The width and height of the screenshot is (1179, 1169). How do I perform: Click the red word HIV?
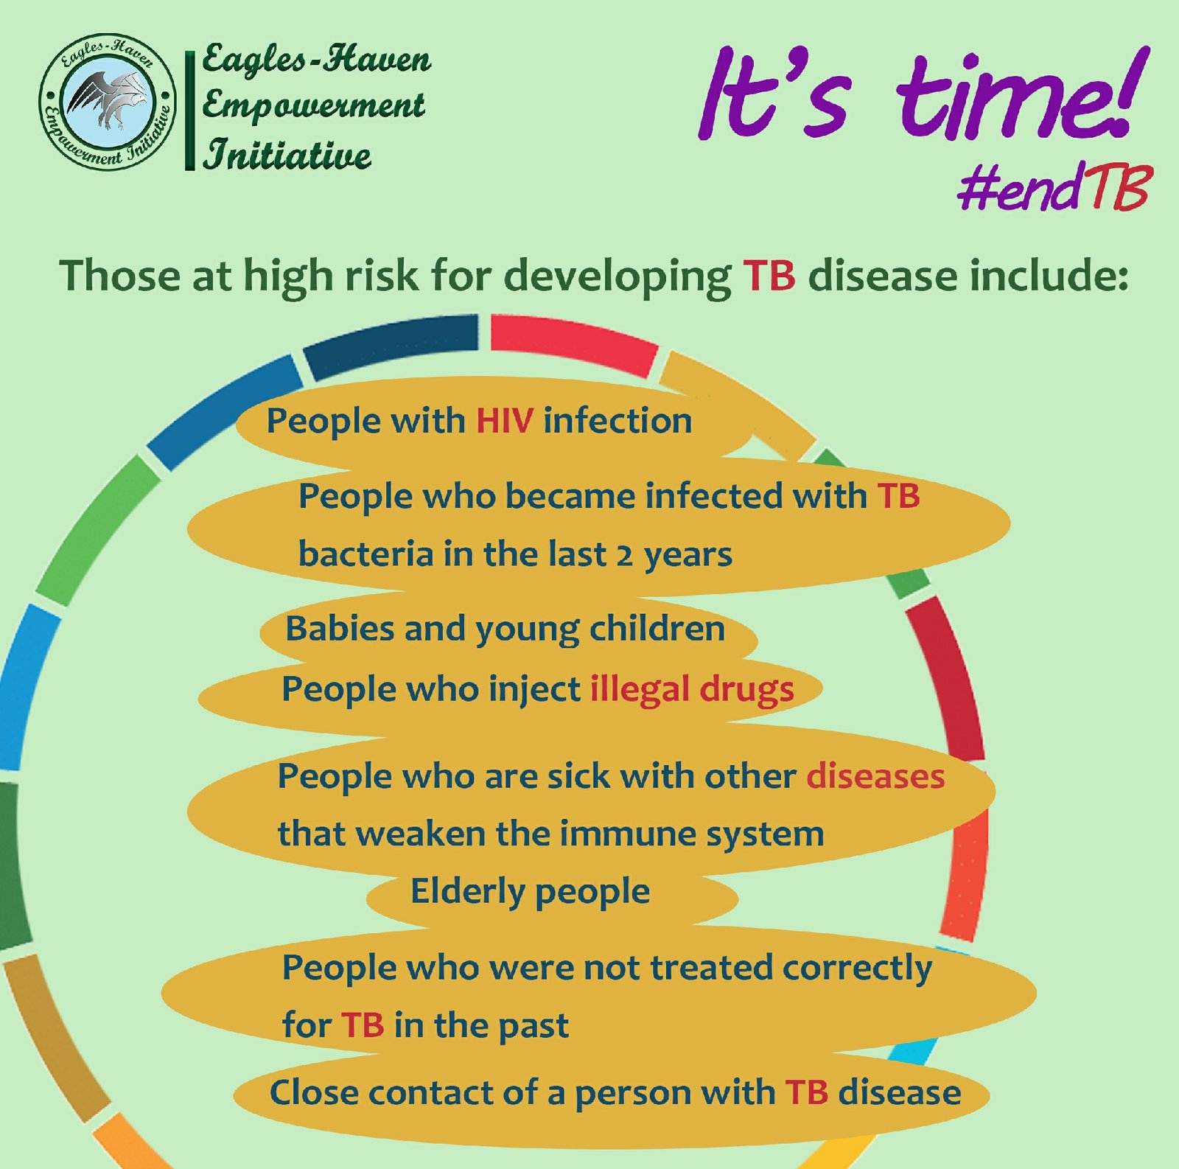505,421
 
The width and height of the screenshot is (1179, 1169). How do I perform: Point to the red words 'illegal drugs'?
692,690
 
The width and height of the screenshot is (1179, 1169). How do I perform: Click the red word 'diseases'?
875,776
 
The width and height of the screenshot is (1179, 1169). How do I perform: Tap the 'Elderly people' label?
530,892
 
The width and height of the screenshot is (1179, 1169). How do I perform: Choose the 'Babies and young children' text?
505,629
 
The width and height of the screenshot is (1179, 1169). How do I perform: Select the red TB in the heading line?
769,276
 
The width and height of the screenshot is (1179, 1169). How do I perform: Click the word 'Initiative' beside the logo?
287,155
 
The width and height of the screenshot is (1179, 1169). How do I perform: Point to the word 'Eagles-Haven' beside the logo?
317,59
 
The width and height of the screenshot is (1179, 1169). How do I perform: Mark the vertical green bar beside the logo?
189,111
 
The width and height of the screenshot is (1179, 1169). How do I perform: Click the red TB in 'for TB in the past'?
363,1025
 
